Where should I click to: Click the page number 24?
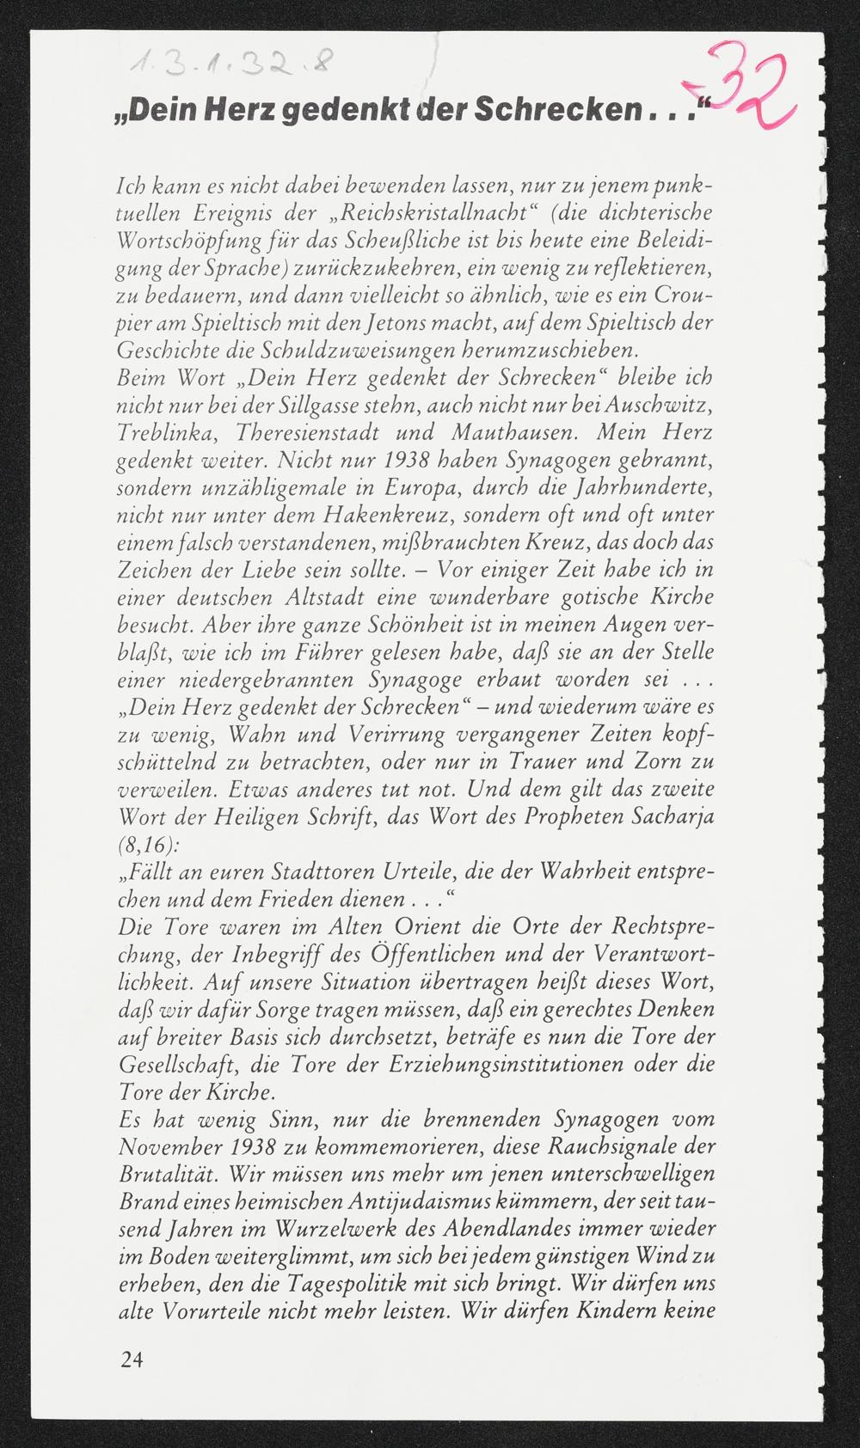(x=132, y=1358)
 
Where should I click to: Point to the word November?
(x=171, y=1146)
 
